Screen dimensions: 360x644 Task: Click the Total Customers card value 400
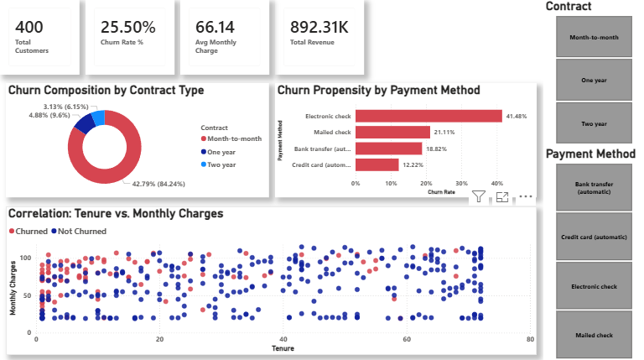pos(29,28)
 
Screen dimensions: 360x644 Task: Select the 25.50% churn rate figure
pos(121,28)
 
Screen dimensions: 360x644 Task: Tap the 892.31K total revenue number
pos(319,28)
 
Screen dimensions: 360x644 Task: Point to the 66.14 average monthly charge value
pos(209,28)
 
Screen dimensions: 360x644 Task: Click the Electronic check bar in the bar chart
pos(428,116)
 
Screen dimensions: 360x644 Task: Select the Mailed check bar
pos(392,132)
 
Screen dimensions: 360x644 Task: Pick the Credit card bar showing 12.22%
pos(377,164)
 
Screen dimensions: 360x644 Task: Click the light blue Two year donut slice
pos(99,117)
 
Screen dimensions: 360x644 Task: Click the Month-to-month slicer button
pos(594,38)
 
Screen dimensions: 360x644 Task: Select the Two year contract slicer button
pos(594,123)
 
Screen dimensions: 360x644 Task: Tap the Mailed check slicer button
pos(594,335)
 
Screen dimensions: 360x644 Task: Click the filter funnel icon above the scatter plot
pos(478,196)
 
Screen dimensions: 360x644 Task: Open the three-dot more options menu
pos(526,196)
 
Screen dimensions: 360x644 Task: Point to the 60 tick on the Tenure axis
pos(406,340)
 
